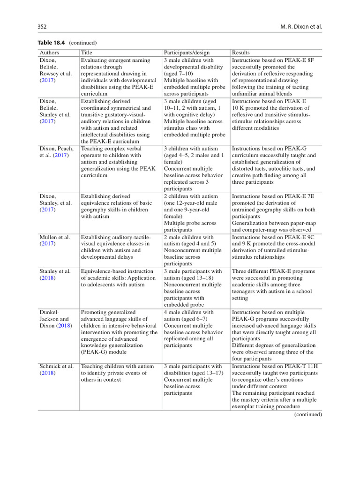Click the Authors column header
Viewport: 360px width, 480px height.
[49, 53]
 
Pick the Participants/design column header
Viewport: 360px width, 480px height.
[187, 53]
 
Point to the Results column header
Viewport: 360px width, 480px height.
[241, 53]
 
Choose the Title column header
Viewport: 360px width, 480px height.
[87, 53]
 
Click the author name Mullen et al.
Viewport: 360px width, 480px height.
[55, 237]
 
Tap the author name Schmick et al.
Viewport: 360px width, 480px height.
[55, 366]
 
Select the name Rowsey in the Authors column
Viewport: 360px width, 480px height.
[50, 74]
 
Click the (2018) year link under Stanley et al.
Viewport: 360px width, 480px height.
[47, 278]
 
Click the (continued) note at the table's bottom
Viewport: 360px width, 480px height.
[308, 414]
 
